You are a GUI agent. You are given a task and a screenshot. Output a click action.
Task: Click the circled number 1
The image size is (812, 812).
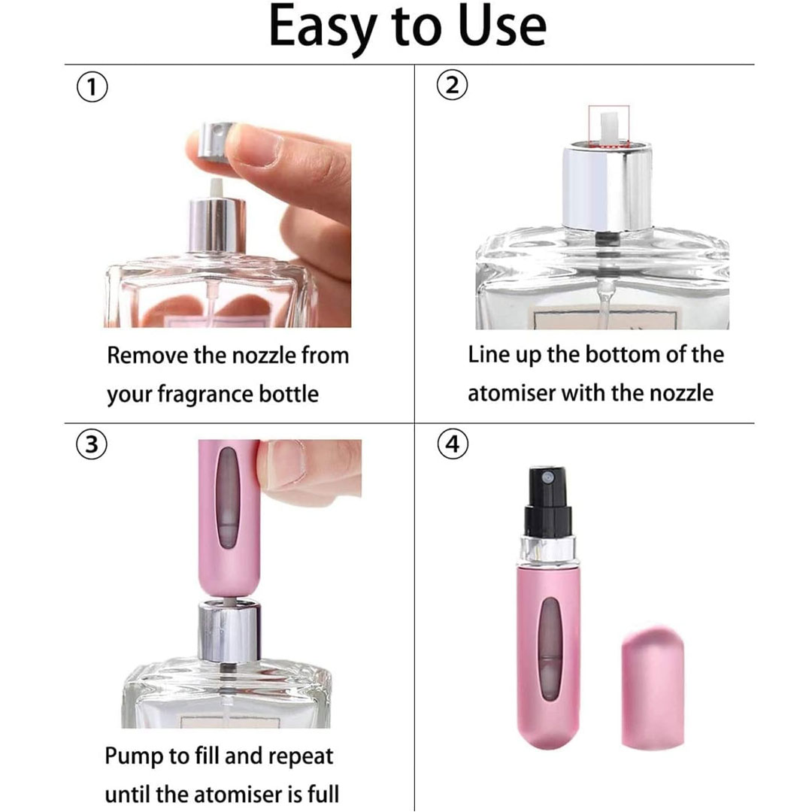pos(92,87)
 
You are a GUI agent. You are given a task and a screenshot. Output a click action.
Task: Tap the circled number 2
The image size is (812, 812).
pos(452,85)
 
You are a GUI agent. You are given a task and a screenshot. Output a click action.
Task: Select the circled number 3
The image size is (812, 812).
pos(92,444)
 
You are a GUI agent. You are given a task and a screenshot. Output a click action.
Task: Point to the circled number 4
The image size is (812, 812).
pos(453,444)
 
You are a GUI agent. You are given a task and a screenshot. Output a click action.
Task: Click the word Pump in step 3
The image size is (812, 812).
pos(129,757)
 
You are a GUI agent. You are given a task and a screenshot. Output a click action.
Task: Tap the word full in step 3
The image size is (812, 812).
pos(326,795)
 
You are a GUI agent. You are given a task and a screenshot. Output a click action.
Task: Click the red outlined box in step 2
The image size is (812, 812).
pos(608,127)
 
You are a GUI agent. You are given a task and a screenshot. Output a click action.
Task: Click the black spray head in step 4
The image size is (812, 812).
pos(548,501)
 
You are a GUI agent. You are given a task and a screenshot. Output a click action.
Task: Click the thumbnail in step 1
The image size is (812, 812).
pos(255,146)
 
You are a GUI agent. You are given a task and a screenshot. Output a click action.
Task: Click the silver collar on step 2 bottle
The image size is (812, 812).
pos(608,187)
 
